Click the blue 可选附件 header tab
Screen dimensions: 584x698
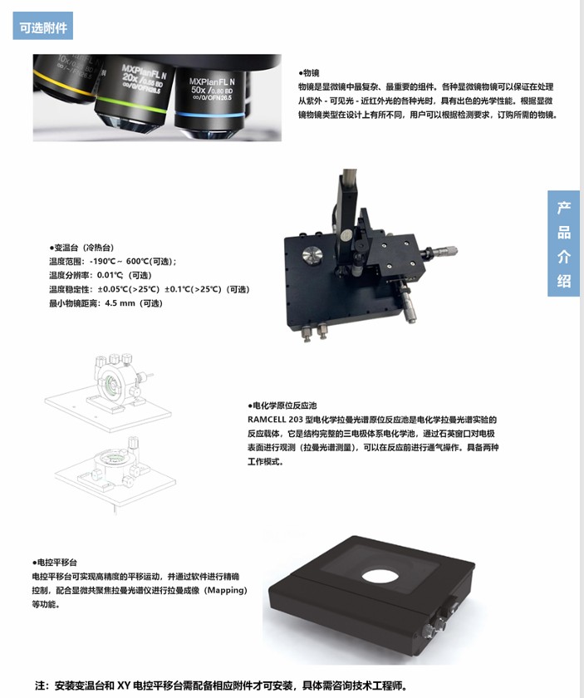42,26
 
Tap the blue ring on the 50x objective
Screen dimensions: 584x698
209,115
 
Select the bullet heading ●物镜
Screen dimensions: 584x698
309,73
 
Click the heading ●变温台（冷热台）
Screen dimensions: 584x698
81,248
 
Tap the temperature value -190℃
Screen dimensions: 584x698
102,261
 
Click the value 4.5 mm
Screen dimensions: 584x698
120,303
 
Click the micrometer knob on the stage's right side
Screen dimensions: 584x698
442,250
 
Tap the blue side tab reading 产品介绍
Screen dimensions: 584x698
563,243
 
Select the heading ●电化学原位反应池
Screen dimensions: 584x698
282,406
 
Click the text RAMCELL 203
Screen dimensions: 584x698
275,420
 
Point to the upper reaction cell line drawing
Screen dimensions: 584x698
108,392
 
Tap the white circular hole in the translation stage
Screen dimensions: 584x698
380,576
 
